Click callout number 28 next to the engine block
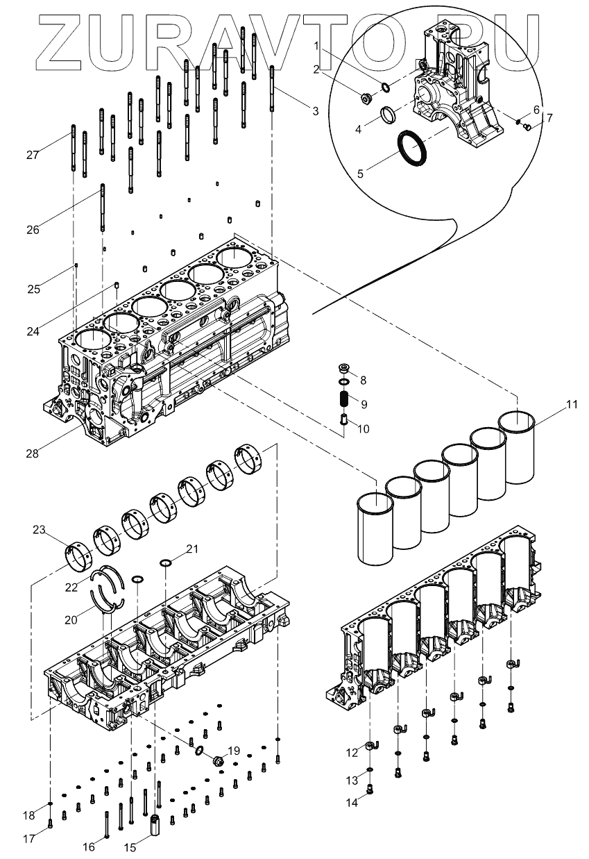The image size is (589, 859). click(32, 453)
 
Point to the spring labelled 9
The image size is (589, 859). click(343, 401)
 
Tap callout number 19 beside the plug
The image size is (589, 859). click(234, 751)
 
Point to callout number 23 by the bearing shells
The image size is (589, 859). click(39, 531)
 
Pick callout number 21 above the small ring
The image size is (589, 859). click(192, 549)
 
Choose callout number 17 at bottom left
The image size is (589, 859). click(28, 838)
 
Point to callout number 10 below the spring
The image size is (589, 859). click(362, 428)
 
